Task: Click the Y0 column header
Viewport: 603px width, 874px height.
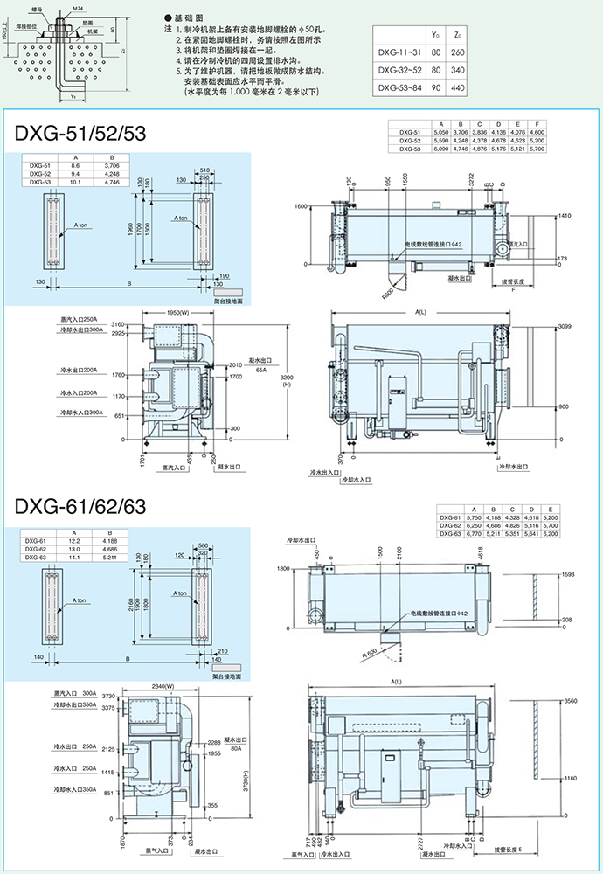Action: (434, 34)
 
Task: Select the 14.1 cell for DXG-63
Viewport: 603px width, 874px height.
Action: (75, 556)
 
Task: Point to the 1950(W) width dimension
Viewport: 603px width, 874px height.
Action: (178, 312)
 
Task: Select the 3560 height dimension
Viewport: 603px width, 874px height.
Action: (569, 701)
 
